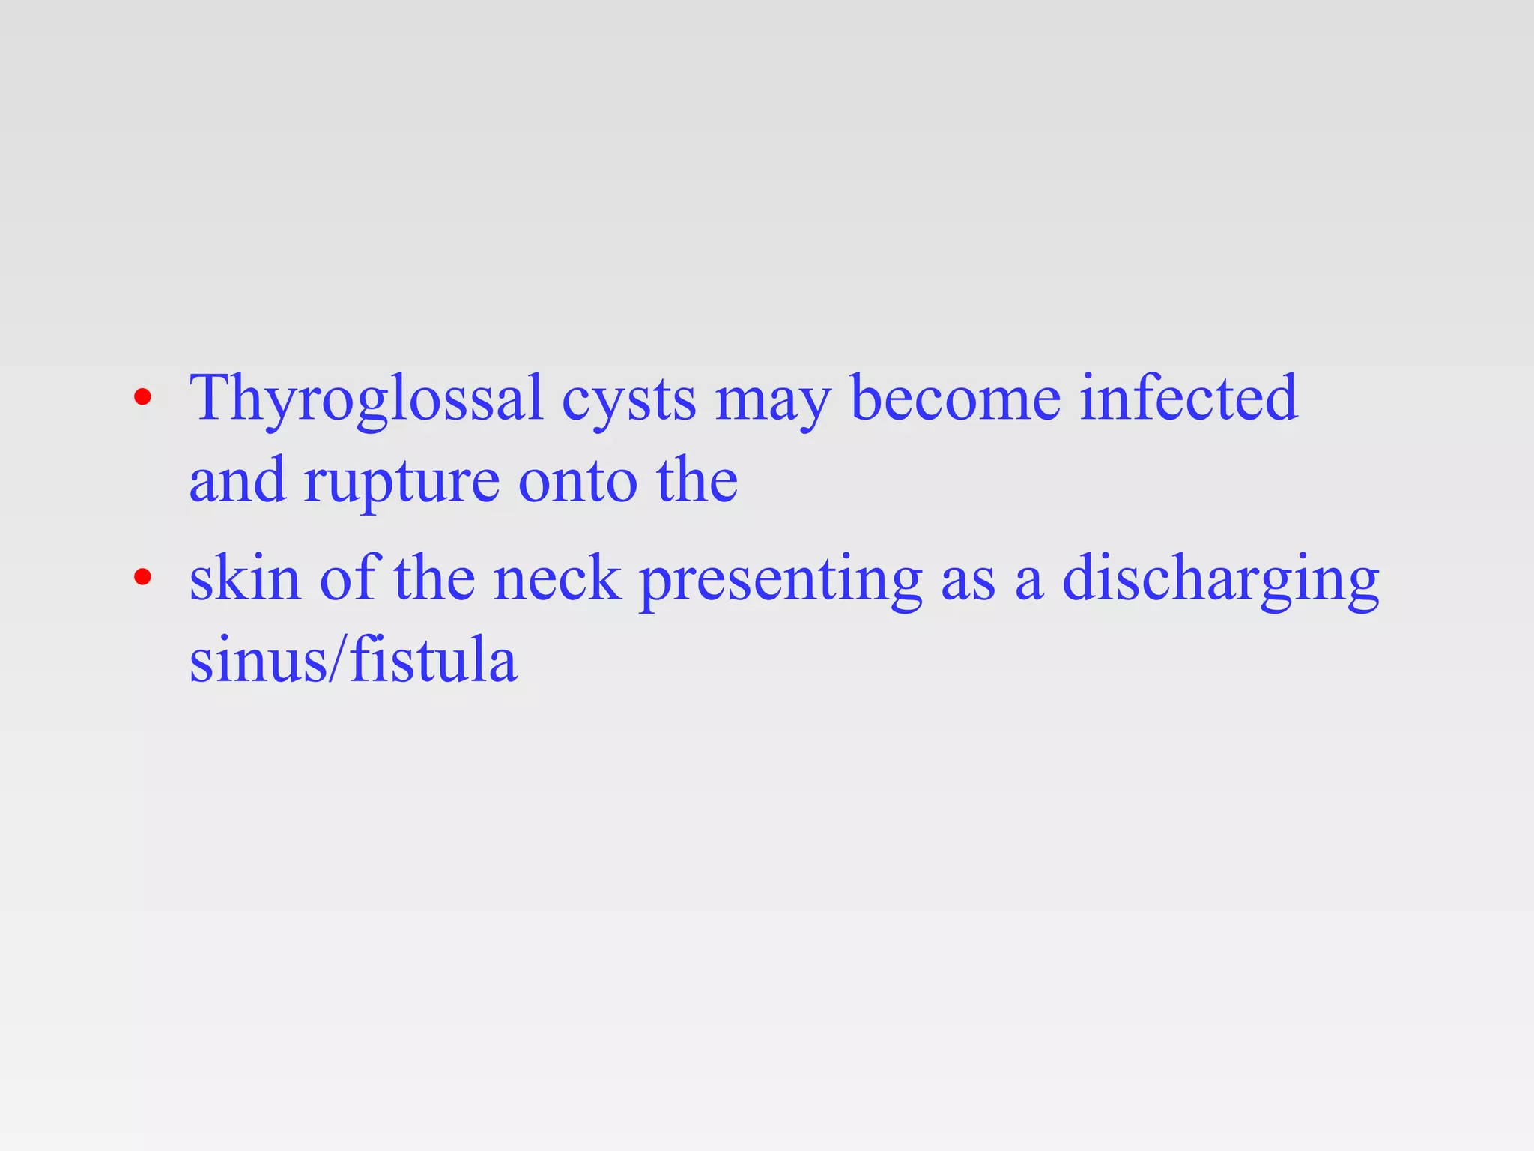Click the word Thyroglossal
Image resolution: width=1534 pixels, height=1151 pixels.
366,399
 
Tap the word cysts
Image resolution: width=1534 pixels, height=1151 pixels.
628,400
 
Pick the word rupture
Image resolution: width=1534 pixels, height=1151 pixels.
401,483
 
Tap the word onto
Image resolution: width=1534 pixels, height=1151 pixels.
577,481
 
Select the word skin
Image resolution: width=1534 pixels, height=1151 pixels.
245,578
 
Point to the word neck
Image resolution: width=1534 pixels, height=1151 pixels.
557,578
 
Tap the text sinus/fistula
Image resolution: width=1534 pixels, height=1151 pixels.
353,661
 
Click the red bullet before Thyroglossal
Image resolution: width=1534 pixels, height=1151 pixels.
142,397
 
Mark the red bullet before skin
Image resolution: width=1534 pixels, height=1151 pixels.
142,577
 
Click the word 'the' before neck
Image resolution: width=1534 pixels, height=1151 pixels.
434,578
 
